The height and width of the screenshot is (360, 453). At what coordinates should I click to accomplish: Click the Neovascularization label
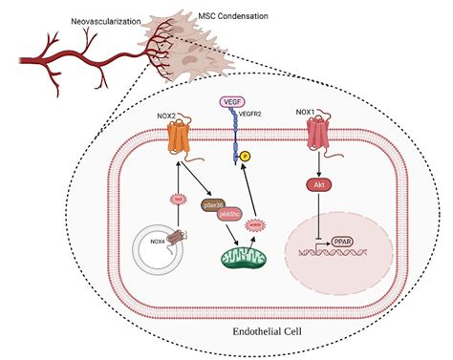tap(106, 20)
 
